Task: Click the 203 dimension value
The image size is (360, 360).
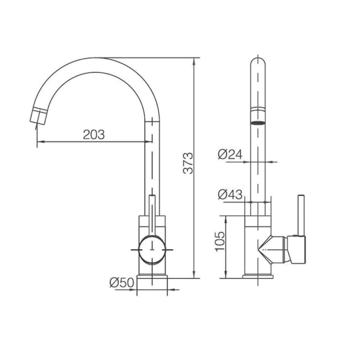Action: coord(94,135)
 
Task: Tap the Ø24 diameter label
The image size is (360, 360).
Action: coord(230,154)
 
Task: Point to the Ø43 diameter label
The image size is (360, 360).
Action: coord(230,195)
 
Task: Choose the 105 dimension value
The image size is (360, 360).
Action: coord(220,242)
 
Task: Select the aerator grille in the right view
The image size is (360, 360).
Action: coord(258,123)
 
